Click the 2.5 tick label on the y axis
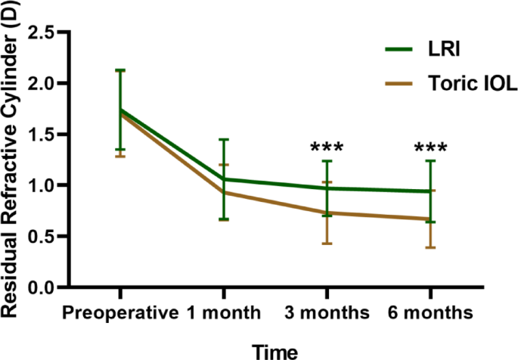point(44,33)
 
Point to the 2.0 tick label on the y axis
point(44,83)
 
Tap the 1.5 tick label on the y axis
point(44,134)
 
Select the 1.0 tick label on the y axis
point(44,185)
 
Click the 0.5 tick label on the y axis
point(44,236)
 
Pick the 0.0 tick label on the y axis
point(44,287)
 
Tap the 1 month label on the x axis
point(223,312)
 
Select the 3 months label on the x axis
point(327,312)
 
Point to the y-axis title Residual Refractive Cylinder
point(14,170)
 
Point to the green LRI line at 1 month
point(223,179)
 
